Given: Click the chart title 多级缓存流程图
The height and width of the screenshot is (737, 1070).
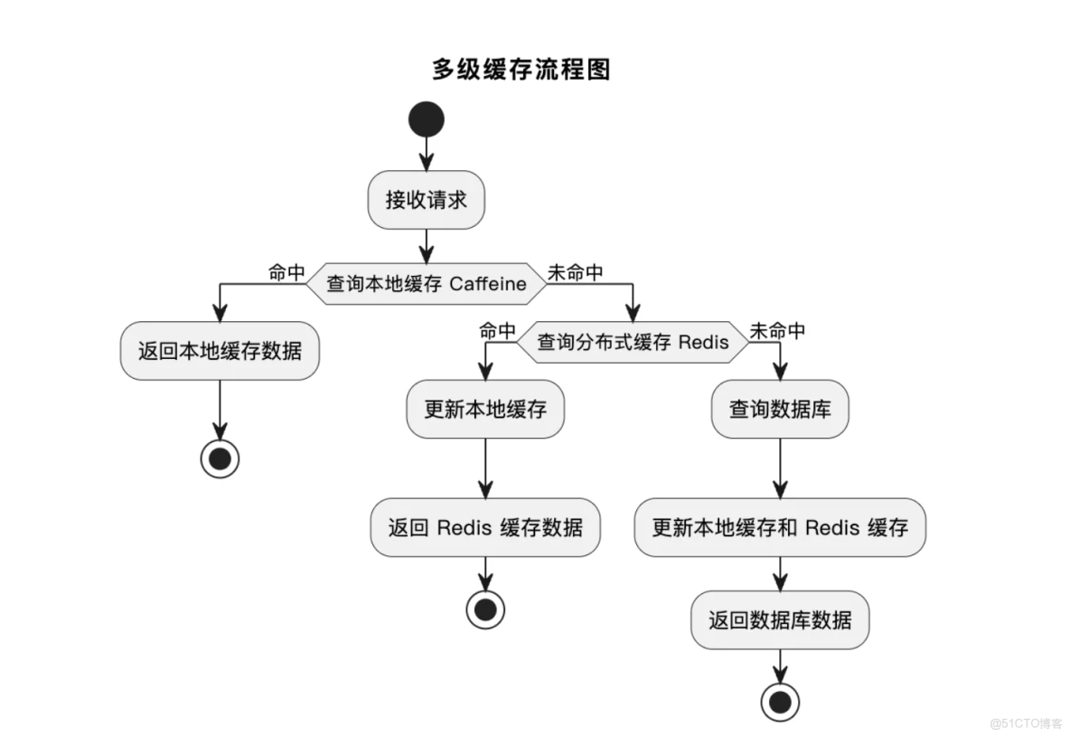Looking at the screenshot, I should click(521, 69).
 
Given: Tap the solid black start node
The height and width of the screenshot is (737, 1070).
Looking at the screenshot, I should click(426, 119).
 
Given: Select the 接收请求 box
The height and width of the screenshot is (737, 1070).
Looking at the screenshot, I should click(426, 200).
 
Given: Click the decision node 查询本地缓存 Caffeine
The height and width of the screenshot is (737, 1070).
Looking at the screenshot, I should click(426, 284).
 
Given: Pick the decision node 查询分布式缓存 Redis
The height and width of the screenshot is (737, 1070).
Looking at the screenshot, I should click(633, 343).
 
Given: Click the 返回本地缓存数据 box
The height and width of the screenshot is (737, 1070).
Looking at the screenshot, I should click(220, 351).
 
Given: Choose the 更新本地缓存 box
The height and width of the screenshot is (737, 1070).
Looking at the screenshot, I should click(485, 409).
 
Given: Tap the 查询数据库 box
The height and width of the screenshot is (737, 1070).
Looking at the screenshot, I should click(779, 409).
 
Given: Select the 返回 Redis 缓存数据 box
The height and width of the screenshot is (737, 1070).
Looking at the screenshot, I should click(485, 527).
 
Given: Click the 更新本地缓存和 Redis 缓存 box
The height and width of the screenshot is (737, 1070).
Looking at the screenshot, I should click(779, 527).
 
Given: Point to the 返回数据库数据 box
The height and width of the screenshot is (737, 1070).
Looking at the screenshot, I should click(779, 620).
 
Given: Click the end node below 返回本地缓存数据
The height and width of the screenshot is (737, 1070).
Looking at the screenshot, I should click(220, 459).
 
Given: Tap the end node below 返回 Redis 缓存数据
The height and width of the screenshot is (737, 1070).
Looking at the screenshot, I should click(485, 609).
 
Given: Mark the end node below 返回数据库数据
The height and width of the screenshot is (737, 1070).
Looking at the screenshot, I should click(779, 702).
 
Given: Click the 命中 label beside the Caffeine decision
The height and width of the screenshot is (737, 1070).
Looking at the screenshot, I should click(286, 272).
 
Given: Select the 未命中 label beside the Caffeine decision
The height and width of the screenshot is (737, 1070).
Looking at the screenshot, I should click(575, 272).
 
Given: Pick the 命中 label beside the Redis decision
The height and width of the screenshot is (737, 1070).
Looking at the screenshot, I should click(497, 331).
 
